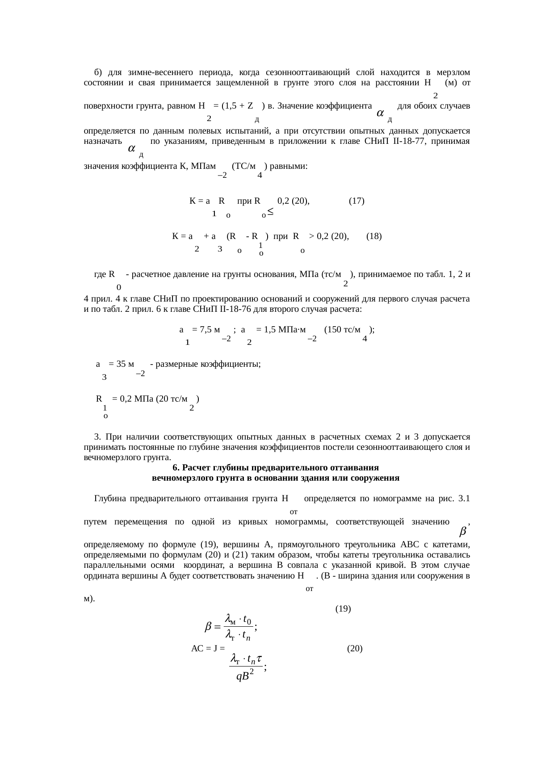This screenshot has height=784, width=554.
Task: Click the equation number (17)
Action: (357, 201)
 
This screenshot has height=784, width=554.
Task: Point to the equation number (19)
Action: (343, 608)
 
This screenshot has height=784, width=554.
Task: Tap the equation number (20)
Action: (355, 649)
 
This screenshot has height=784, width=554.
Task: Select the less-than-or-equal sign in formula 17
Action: (270, 213)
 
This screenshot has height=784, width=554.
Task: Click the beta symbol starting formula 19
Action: (208, 627)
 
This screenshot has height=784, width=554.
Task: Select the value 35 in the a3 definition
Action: (121, 364)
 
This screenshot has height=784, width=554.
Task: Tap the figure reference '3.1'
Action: (464, 499)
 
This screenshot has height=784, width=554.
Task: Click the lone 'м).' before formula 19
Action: (89, 599)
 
